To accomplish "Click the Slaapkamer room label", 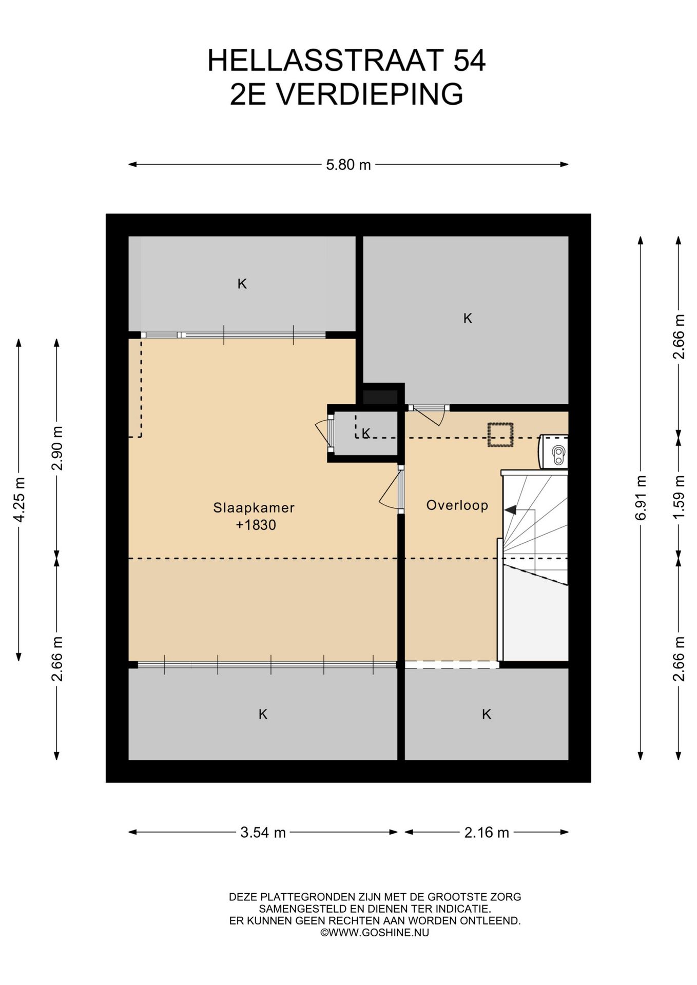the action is (254, 508).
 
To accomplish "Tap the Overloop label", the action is (457, 505).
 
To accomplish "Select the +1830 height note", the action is (256, 525).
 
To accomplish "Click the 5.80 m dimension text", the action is (348, 165).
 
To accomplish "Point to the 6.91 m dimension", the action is (641, 498).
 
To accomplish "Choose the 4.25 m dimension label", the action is (20, 500).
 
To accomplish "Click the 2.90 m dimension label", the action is (57, 448).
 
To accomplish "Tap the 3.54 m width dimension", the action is (263, 832).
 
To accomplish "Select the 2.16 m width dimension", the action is (487, 832).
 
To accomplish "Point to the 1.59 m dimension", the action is (679, 497).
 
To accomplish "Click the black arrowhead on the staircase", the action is (510, 510).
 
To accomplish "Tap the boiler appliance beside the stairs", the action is (553, 451).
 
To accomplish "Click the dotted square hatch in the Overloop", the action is (500, 435).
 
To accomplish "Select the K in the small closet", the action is (366, 434).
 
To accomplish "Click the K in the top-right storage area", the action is (468, 319).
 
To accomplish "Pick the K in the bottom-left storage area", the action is (263, 714).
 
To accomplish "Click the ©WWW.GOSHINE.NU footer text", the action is (375, 932).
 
